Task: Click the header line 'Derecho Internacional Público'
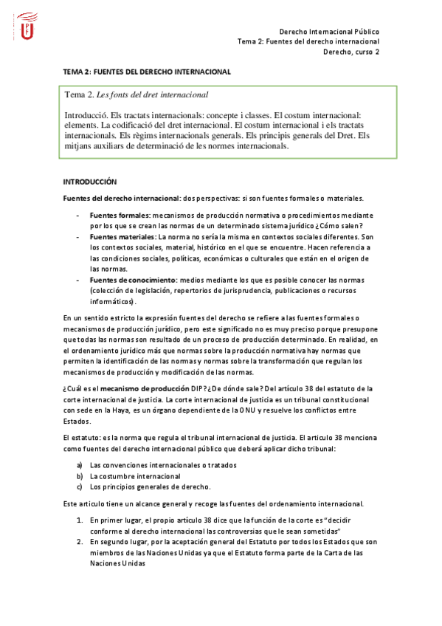pos(330,32)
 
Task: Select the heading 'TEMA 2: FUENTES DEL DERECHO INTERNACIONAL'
pos(147,72)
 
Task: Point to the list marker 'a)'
pos(80,465)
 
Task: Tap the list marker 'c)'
pos(80,487)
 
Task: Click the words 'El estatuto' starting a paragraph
pos(80,438)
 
